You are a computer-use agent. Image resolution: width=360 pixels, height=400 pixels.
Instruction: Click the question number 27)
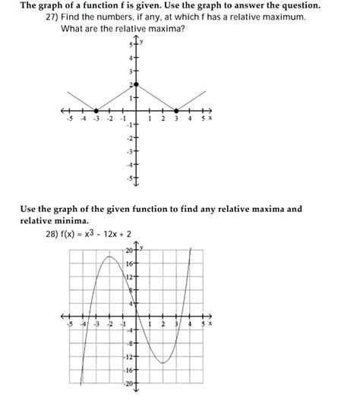pyautogui.click(x=55, y=17)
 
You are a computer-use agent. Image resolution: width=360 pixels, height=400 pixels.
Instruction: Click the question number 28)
pyautogui.click(x=55, y=234)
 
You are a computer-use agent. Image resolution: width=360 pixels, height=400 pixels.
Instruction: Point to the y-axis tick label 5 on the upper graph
pyautogui.click(x=130, y=45)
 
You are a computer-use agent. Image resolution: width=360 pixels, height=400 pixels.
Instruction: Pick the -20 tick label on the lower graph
pyautogui.click(x=128, y=383)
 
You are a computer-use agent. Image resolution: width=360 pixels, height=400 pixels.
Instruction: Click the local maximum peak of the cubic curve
pyautogui.click(x=110, y=257)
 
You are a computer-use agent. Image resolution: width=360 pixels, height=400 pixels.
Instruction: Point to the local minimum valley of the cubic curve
pyautogui.click(x=163, y=363)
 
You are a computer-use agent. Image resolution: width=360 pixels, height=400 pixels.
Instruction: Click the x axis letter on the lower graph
pyautogui.click(x=210, y=323)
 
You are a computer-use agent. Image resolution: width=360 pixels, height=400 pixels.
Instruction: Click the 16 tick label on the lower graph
pyautogui.click(x=130, y=263)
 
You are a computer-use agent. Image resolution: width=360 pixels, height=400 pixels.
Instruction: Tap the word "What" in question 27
pyautogui.click(x=74, y=29)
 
